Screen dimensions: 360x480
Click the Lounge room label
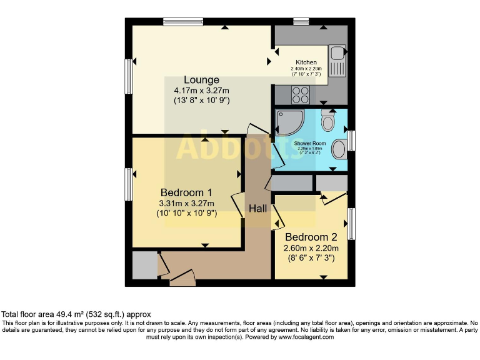(x=201, y=80)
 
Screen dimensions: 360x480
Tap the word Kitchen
(x=306, y=62)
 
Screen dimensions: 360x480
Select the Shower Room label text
(x=310, y=143)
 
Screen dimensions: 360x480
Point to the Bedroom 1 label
(x=186, y=192)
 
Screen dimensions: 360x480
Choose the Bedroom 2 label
(x=311, y=237)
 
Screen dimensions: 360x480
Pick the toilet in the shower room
(x=328, y=120)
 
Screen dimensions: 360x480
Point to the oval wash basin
(x=339, y=149)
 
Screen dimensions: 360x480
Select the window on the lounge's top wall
(x=183, y=22)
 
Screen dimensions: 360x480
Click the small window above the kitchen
(x=301, y=22)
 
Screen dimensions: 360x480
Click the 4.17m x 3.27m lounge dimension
(x=201, y=91)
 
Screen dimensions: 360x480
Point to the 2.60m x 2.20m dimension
(x=311, y=248)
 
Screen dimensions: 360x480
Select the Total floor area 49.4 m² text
(x=76, y=314)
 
